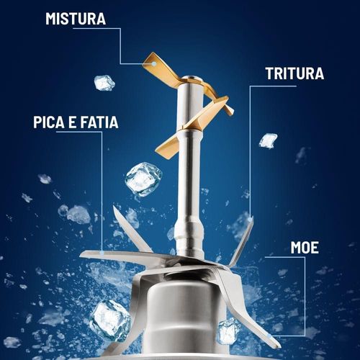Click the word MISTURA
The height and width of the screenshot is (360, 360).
76,19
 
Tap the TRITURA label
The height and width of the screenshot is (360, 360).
294,73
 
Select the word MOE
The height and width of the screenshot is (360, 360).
305,248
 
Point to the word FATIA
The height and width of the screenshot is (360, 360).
99,122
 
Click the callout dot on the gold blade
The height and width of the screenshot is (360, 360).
153,64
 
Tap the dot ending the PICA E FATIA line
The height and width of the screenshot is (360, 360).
102,253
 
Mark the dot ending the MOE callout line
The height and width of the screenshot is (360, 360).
271,336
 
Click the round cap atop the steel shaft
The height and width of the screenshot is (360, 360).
192,78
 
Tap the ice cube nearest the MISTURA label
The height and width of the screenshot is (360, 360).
104,83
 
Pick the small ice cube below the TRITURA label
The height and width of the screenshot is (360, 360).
268,140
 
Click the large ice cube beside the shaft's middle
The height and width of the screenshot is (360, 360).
143,179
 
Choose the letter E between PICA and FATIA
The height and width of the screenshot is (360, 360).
72,122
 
